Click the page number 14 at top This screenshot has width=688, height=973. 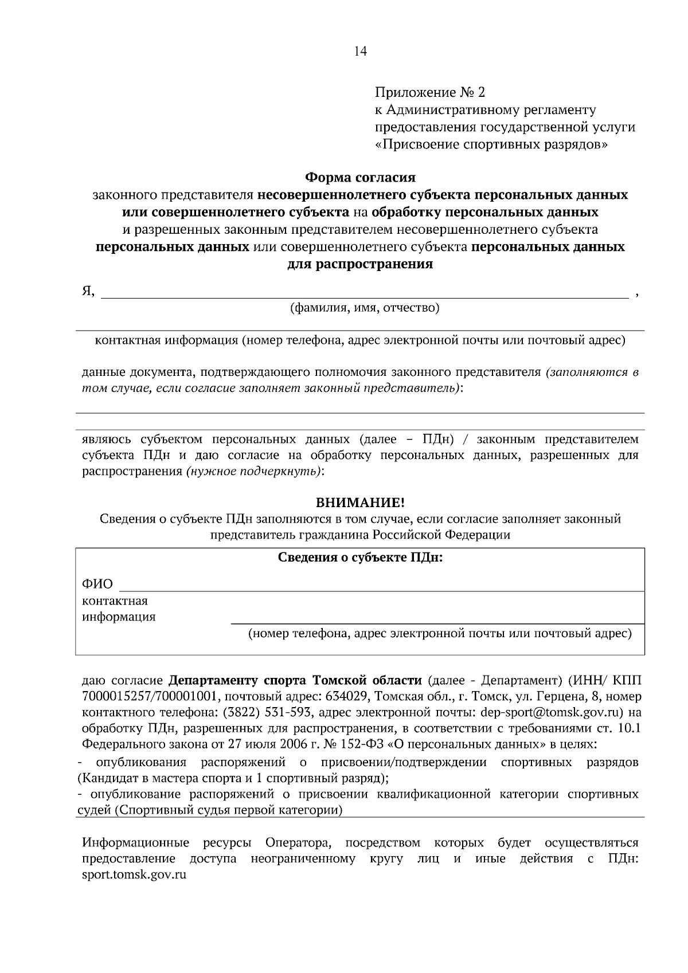pyautogui.click(x=360, y=51)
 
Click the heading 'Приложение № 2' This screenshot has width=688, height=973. pyautogui.click(x=429, y=92)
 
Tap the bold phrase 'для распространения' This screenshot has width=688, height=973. pyautogui.click(x=360, y=264)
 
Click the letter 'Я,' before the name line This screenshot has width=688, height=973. pyautogui.click(x=88, y=291)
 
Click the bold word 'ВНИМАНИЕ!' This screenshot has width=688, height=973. pyautogui.click(x=360, y=503)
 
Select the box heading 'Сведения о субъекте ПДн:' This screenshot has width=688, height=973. pyautogui.click(x=360, y=558)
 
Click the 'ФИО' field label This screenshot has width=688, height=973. pyautogui.click(x=97, y=584)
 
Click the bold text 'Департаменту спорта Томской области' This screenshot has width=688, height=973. pyautogui.click(x=295, y=680)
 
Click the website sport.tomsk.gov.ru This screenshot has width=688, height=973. pyautogui.click(x=135, y=875)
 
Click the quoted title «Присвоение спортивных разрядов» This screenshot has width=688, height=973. pyautogui.click(x=491, y=144)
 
